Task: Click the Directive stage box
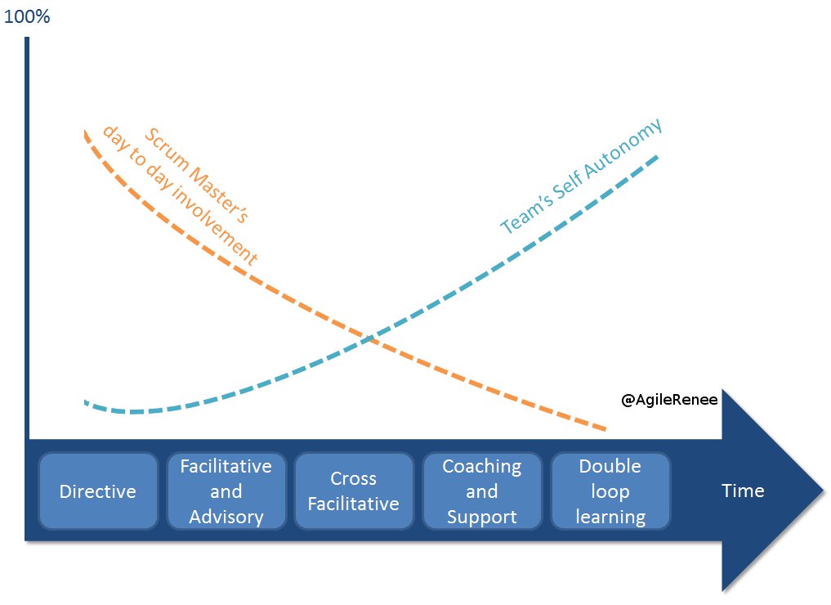pyautogui.click(x=98, y=491)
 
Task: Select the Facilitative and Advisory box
pyautogui.click(x=226, y=491)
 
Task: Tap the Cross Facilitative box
pyautogui.click(x=354, y=491)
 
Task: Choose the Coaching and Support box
pyautogui.click(x=482, y=491)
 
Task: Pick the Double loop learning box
pyautogui.click(x=610, y=491)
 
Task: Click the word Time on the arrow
pyautogui.click(x=743, y=491)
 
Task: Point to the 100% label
pyautogui.click(x=27, y=16)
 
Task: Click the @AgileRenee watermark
pyautogui.click(x=669, y=400)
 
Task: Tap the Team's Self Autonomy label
pyautogui.click(x=581, y=177)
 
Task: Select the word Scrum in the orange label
pyautogui.click(x=163, y=144)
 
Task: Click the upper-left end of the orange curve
pyautogui.click(x=85, y=131)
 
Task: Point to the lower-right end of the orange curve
pyautogui.click(x=605, y=428)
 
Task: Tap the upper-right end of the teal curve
pyautogui.click(x=657, y=155)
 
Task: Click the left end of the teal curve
pyautogui.click(x=85, y=401)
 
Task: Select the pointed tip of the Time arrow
pyautogui.click(x=824, y=491)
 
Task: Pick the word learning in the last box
pyautogui.click(x=610, y=517)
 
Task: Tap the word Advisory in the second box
pyautogui.click(x=226, y=517)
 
